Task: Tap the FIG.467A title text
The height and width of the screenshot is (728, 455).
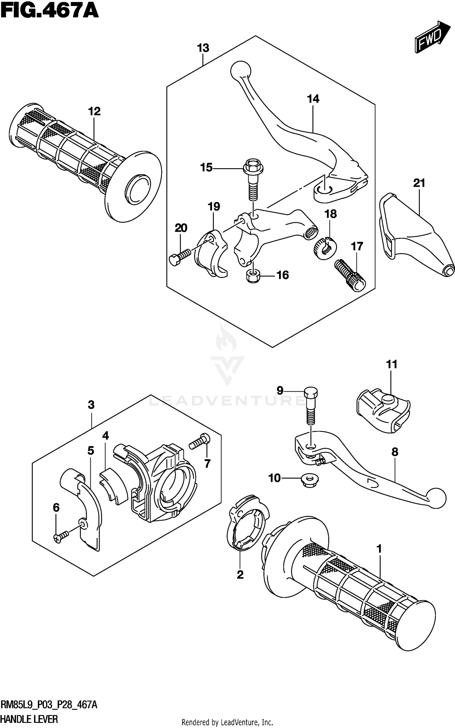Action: (49, 11)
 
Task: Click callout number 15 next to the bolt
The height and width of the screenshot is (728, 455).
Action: (206, 167)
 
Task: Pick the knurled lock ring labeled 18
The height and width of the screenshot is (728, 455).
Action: (325, 248)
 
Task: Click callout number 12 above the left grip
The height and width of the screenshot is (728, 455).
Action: (94, 112)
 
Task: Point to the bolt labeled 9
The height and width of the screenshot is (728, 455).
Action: (311, 406)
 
